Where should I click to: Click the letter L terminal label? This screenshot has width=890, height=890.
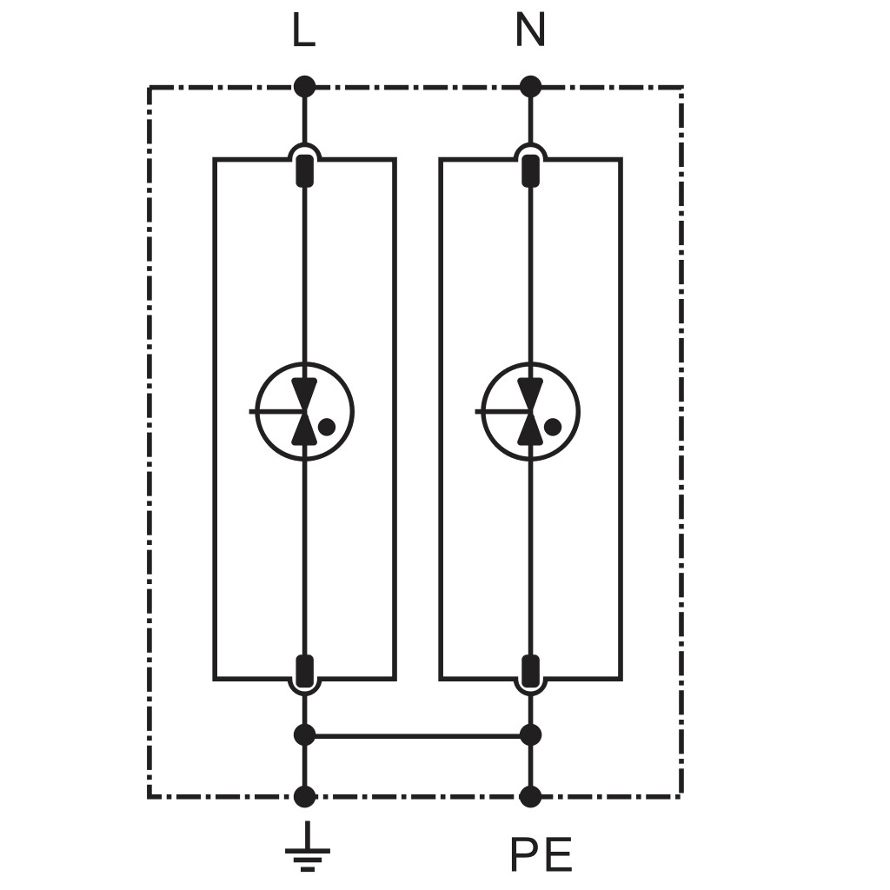point(303,30)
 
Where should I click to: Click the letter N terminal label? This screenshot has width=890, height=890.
point(530,30)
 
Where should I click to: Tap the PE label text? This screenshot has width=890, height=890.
point(541,854)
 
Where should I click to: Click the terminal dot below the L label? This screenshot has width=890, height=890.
point(304,87)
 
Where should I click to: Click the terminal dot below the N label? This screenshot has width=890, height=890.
point(531,87)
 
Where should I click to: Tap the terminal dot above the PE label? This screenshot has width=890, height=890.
point(531,797)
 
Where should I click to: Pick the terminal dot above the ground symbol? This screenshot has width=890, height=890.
point(304,797)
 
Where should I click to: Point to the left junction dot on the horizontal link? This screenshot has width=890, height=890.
point(304,735)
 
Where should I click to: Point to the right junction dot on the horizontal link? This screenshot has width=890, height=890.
point(531,735)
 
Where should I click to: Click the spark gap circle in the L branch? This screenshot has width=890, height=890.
point(353,411)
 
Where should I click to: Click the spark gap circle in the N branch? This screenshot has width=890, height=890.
point(579,411)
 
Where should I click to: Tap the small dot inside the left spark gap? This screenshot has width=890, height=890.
point(327,427)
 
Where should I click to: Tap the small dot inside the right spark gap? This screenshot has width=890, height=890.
point(553,427)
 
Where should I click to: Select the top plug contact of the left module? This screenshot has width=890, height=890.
point(305,170)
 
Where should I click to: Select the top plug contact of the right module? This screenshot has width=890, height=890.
point(531,170)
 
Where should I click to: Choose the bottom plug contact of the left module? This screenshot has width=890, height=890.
point(305,671)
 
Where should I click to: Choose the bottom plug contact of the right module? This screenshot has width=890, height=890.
point(531,671)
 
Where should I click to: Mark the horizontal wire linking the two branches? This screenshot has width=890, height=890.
point(417,736)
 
